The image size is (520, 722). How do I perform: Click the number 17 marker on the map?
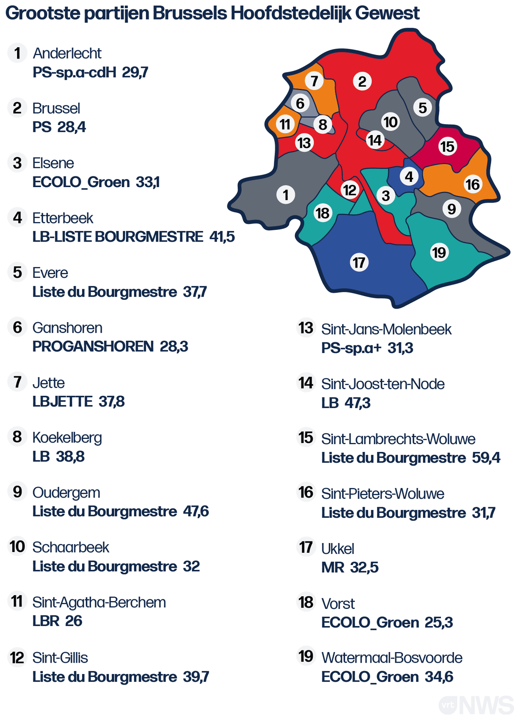click(x=359, y=262)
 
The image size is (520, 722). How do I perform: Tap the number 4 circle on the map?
click(x=409, y=177)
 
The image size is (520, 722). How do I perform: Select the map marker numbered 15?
click(x=448, y=146)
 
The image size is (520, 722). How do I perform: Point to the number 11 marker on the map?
click(x=285, y=124)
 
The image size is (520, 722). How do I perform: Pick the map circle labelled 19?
click(x=439, y=253)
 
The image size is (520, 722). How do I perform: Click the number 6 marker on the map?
click(x=300, y=103)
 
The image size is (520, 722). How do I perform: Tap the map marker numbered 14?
click(x=375, y=140)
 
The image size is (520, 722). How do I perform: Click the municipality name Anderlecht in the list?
click(x=67, y=53)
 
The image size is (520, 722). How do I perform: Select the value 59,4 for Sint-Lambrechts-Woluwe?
click(x=486, y=458)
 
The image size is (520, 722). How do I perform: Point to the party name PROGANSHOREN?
click(x=93, y=347)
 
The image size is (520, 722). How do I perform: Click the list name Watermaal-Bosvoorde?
click(x=392, y=658)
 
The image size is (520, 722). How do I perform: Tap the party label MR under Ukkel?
click(x=333, y=567)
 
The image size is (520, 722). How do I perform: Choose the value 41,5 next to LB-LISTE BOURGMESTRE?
click(x=222, y=236)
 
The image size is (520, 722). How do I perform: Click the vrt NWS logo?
click(x=476, y=705)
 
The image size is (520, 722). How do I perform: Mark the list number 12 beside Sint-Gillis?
click(x=17, y=658)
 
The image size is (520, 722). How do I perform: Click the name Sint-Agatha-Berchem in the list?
click(x=99, y=602)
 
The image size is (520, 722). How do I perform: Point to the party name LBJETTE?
click(x=63, y=401)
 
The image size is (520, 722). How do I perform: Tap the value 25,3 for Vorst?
click(x=439, y=622)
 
